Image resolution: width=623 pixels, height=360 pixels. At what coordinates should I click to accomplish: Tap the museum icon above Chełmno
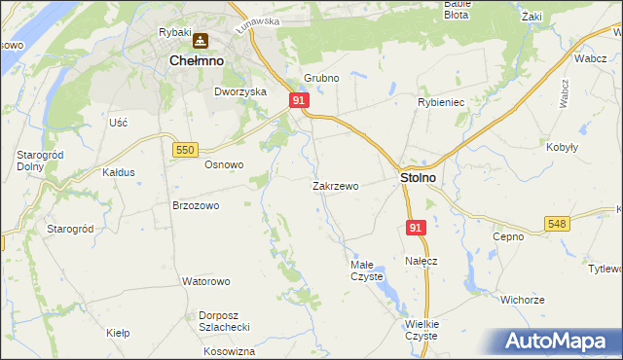point(201,41)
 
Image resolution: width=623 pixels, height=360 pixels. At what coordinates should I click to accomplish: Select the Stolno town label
point(418,179)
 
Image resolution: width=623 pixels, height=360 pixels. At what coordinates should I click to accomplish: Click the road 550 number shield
point(186,149)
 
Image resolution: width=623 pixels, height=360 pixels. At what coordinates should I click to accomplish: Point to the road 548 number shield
point(556,224)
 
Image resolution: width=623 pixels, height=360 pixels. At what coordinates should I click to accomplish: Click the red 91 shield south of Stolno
point(416,228)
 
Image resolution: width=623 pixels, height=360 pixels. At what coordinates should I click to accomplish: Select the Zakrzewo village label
point(336,186)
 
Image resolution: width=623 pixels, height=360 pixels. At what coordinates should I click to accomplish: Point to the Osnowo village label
point(223,164)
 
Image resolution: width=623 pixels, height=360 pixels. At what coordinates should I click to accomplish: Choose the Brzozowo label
point(196,206)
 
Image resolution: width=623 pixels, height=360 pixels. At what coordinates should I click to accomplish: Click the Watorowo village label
point(205,281)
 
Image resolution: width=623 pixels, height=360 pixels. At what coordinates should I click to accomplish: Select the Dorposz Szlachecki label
point(225,320)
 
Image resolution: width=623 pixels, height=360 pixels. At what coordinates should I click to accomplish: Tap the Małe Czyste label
point(368,270)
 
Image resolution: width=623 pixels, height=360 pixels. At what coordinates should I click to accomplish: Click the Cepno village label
point(508,236)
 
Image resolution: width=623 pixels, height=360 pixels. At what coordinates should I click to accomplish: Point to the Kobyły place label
point(564,147)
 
